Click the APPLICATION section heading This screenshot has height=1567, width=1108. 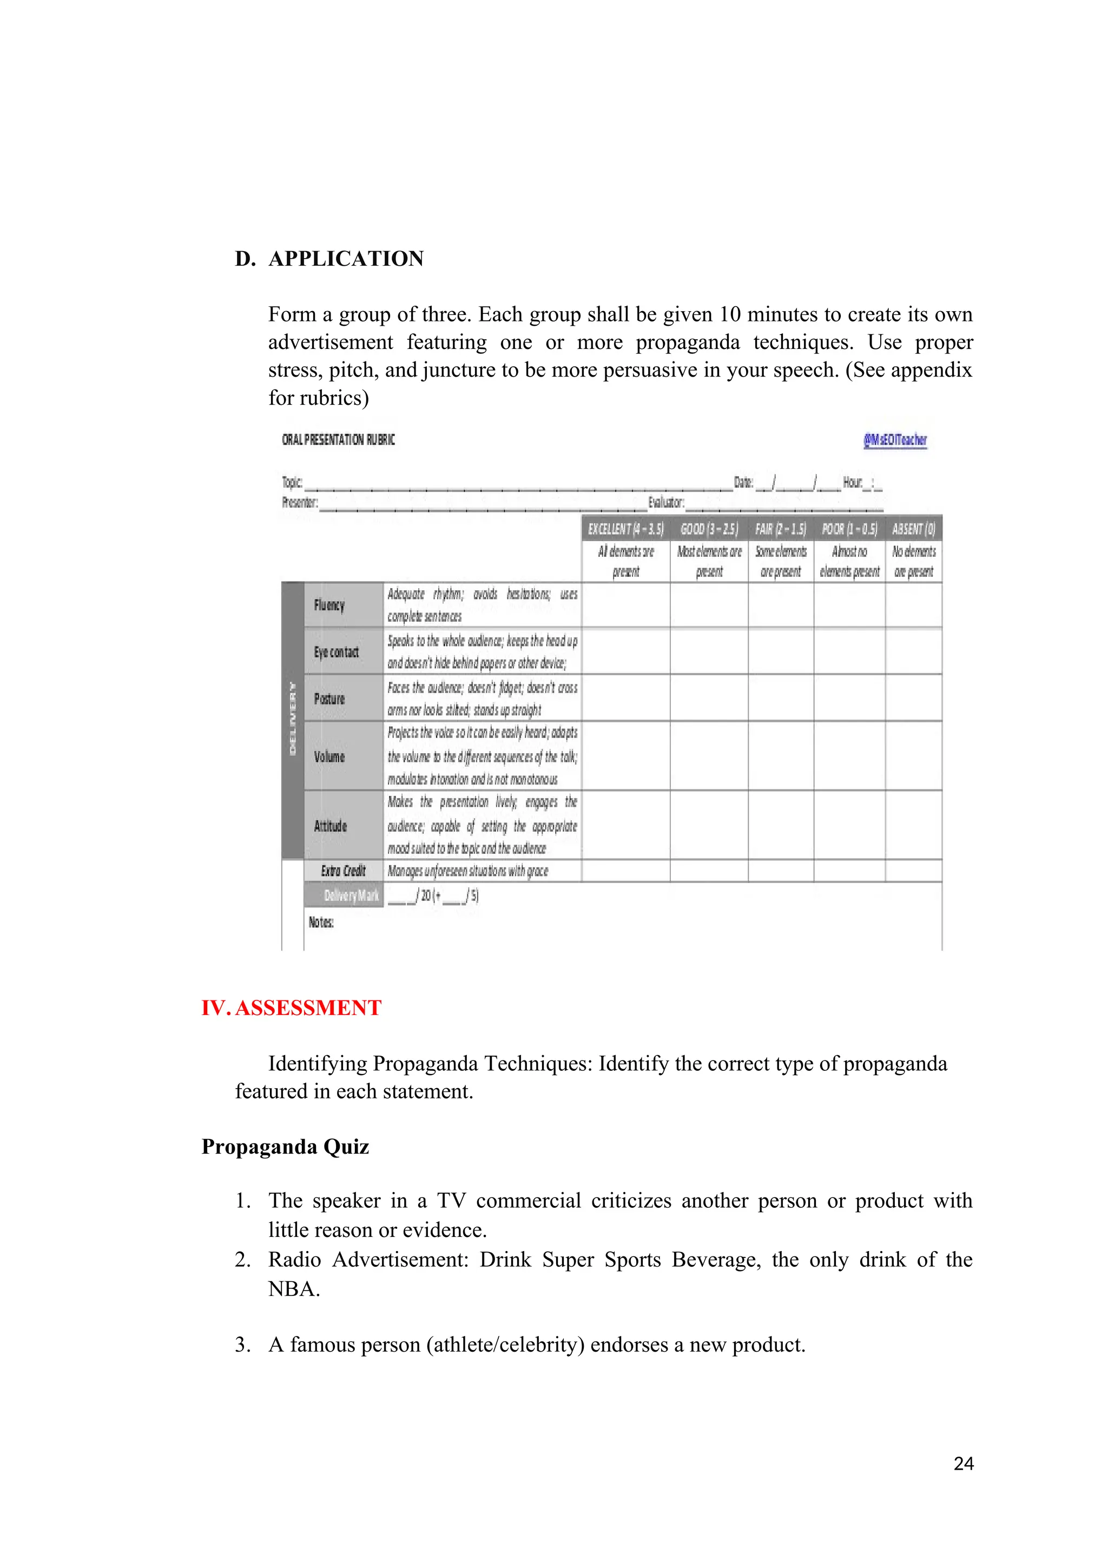click(x=345, y=259)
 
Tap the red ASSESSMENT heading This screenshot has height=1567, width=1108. click(x=308, y=1008)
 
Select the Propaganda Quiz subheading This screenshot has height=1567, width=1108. click(x=285, y=1147)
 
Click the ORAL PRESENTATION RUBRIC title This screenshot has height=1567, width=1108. click(x=338, y=440)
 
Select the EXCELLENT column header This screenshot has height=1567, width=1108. click(x=625, y=529)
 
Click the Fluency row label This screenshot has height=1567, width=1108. click(x=329, y=605)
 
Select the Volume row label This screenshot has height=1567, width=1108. click(x=329, y=757)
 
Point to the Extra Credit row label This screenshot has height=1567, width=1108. click(x=343, y=871)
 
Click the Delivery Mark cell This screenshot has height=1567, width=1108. click(x=351, y=896)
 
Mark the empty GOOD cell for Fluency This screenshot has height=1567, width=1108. click(x=709, y=605)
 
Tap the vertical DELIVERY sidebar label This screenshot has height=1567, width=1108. click(x=293, y=719)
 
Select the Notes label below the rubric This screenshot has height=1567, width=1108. click(x=321, y=923)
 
